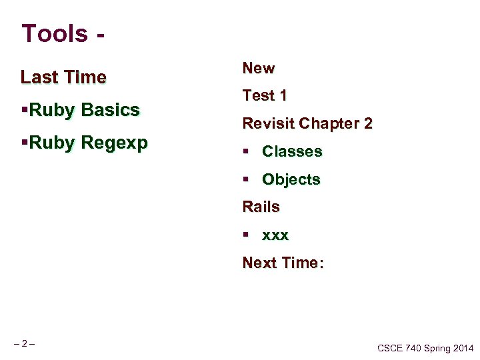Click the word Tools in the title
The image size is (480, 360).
(54, 33)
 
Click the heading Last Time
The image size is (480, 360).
(63, 77)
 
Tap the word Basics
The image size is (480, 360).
(110, 110)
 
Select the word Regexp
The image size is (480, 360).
(114, 143)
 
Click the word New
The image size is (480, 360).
(259, 68)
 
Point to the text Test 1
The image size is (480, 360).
(265, 96)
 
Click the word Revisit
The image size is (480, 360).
(269, 124)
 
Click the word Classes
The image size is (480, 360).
(292, 152)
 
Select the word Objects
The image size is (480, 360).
(291, 180)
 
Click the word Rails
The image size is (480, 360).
(261, 207)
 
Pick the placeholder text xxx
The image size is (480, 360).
(275, 236)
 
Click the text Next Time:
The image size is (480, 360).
(283, 263)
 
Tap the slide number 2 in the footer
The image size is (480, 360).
(24, 344)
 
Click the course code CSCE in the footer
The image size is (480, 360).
(390, 348)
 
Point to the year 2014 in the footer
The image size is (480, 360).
(461, 348)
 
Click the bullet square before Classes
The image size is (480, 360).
(246, 152)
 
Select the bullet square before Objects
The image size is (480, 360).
(246, 180)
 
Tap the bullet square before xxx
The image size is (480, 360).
(246, 235)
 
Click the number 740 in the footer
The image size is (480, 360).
(414, 348)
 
